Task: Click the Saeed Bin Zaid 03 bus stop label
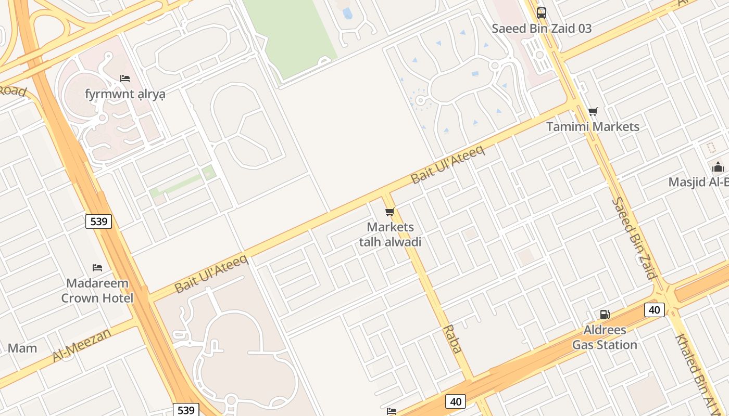[x=542, y=29]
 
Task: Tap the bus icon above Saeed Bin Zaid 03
[x=542, y=12]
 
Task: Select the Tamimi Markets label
[x=593, y=126]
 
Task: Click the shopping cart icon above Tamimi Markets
[x=593, y=111]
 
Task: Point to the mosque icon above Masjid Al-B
[x=718, y=167]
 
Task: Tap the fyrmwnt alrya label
[x=125, y=94]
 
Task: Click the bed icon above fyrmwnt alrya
[x=125, y=79]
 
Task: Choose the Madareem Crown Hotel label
[x=97, y=291]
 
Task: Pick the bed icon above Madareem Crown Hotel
[x=97, y=268]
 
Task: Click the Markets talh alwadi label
[x=390, y=235]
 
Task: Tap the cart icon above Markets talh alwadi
[x=389, y=212]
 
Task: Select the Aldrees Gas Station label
[x=605, y=337]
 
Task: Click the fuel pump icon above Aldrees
[x=605, y=314]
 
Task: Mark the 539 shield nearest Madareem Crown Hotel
[x=98, y=222]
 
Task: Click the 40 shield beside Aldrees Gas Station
[x=655, y=310]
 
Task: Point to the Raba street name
[x=452, y=339]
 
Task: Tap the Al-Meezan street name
[x=82, y=345]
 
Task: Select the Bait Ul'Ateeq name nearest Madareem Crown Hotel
[x=211, y=274]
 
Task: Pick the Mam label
[x=22, y=348]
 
